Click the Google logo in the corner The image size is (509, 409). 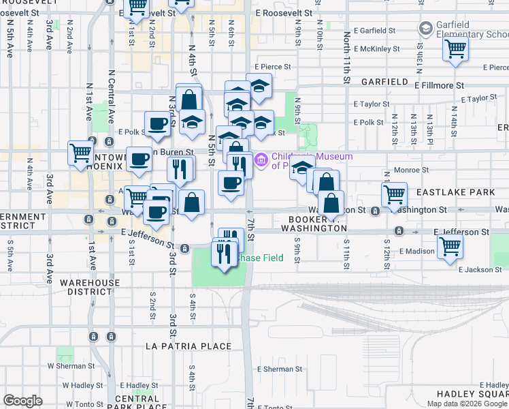(22, 401)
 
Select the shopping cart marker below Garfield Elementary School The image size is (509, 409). (455, 50)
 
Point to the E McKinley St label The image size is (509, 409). (375, 49)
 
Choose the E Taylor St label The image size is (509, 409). (372, 104)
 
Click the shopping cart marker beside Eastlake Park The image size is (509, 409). (395, 194)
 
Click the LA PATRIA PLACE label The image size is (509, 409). (189, 346)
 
